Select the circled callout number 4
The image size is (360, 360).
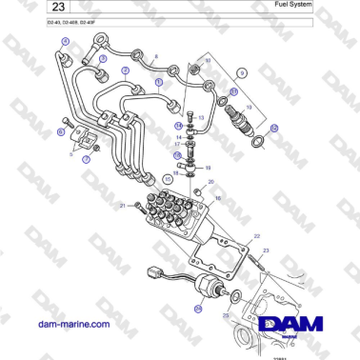[66, 41]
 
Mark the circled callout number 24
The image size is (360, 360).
[198, 309]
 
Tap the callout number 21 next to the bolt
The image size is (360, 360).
[123, 206]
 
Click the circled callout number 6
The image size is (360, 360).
[63, 131]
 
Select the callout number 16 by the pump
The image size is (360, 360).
[217, 198]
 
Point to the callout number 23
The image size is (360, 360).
[267, 250]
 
